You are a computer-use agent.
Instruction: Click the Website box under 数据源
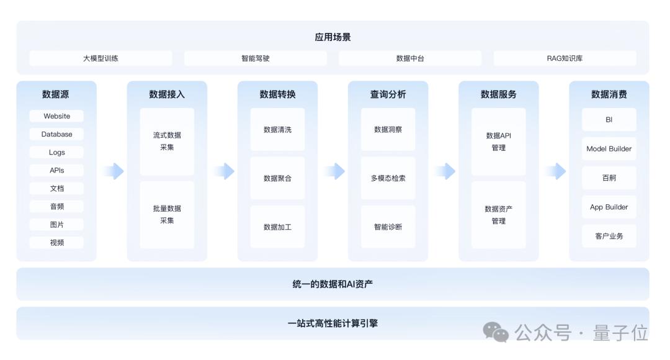[56, 116]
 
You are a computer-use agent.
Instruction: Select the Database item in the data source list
[56, 134]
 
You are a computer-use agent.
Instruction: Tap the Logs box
[56, 152]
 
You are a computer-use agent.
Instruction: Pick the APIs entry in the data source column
[56, 170]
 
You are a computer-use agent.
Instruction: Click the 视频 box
[56, 243]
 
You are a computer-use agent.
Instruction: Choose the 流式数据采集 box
[167, 142]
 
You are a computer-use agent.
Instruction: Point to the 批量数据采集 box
[167, 215]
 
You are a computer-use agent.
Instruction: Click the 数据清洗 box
[277, 130]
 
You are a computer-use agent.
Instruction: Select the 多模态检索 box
[388, 178]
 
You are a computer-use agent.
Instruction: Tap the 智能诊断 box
[388, 227]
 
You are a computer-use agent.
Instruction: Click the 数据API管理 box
[499, 142]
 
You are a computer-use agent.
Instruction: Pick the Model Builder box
[609, 149]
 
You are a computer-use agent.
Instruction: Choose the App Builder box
[609, 207]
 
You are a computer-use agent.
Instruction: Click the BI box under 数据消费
[609, 120]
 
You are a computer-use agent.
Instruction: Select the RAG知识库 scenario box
[565, 58]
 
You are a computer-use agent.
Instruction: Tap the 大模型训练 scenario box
[101, 58]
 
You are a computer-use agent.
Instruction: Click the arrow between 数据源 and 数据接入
[114, 171]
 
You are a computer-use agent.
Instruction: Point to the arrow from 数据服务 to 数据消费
[556, 171]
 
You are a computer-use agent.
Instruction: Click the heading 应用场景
[333, 37]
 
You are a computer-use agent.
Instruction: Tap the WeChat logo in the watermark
[496, 332]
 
